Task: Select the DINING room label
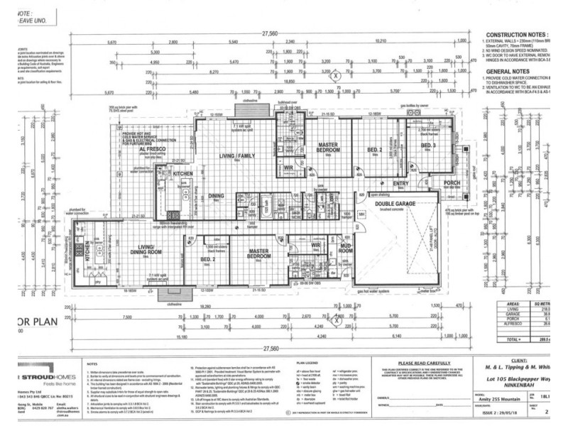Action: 217,196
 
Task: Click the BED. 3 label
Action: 427,146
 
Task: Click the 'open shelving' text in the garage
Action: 383,193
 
